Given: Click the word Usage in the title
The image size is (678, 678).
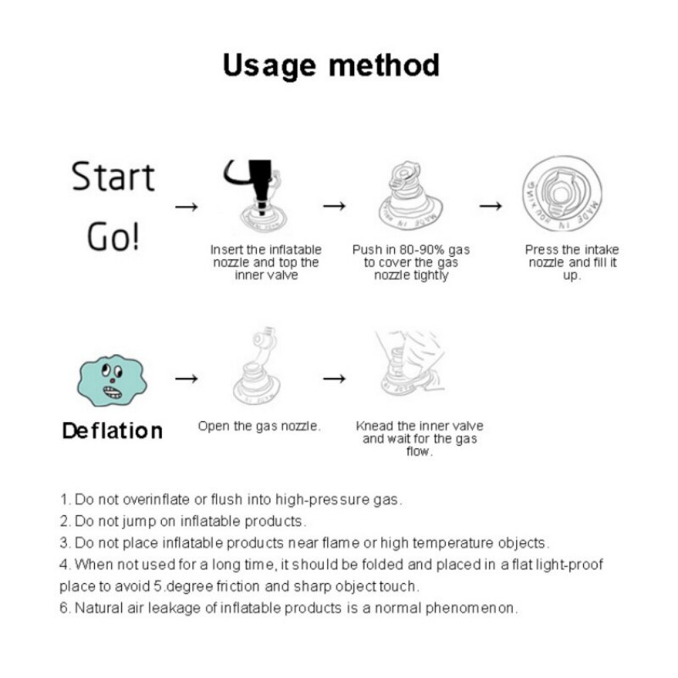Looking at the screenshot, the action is (x=269, y=66).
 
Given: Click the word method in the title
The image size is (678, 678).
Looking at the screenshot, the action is (x=385, y=65).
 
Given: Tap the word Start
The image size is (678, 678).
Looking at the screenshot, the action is (x=113, y=176).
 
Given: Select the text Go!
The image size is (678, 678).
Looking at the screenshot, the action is (x=114, y=236).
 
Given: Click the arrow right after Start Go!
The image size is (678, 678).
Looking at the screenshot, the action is (x=186, y=207).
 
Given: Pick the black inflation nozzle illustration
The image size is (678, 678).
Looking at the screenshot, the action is (x=258, y=196).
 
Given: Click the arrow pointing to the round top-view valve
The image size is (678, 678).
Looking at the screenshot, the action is (x=491, y=206).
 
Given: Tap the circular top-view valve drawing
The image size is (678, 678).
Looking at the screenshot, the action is (x=562, y=194).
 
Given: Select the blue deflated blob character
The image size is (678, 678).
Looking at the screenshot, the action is (x=112, y=381).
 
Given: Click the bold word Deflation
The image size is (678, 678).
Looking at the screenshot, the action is (x=113, y=431).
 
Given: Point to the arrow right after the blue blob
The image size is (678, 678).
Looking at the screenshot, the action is (x=186, y=379).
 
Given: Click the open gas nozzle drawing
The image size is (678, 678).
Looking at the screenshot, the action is (x=257, y=366).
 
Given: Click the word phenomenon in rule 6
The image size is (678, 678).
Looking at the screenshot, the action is (x=470, y=609).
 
